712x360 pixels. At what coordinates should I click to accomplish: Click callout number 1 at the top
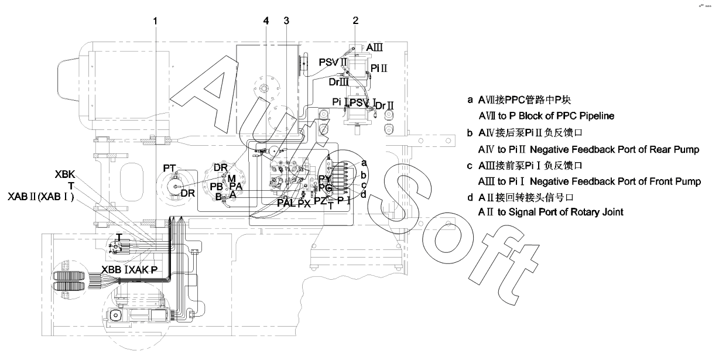155,20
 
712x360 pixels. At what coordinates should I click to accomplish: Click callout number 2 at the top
355,20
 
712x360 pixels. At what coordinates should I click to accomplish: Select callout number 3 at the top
286,20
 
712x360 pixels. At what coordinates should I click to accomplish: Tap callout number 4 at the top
266,20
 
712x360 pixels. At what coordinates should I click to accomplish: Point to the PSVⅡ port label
333,61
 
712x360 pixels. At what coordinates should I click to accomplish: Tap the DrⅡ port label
384,105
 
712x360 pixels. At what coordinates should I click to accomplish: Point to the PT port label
170,169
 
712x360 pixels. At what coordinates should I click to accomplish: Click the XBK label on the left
65,174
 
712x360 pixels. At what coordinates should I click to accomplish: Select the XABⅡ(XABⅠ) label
41,196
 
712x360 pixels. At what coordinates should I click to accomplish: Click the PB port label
218,186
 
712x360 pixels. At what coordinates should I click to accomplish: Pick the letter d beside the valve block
364,194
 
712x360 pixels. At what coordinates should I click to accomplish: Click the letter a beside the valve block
364,163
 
